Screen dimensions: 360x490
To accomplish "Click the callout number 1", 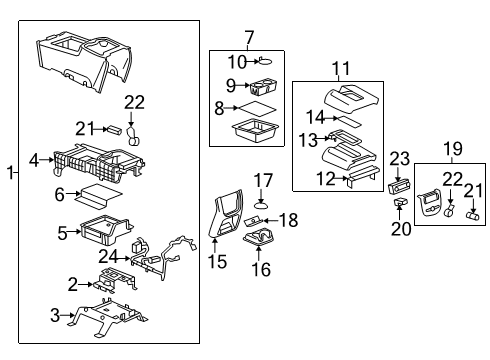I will [10, 173].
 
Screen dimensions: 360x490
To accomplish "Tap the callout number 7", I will [249, 38].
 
